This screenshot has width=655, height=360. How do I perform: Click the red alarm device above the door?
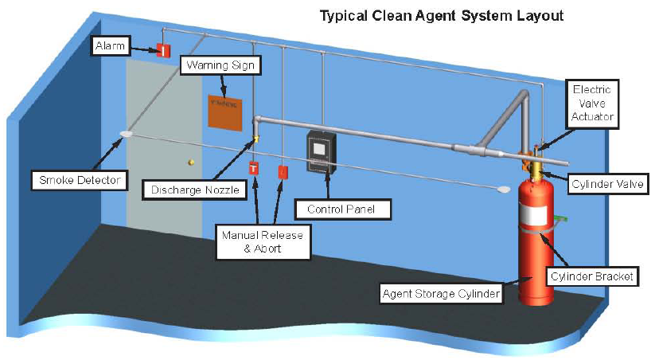coord(163,50)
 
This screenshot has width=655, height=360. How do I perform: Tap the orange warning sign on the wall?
coord(225,112)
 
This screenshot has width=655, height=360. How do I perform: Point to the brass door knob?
coord(191,162)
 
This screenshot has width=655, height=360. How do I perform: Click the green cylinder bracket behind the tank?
coord(561,217)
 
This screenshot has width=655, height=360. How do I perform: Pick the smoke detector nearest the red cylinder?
coord(502,189)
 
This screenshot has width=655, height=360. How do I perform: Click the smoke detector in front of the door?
coord(126,135)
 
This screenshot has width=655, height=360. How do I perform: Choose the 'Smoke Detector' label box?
coord(79,180)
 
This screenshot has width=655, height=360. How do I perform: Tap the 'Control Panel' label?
coord(335,209)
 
